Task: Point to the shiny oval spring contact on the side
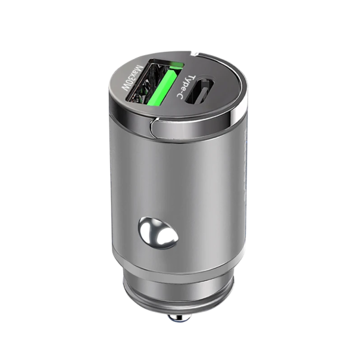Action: (158, 232)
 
